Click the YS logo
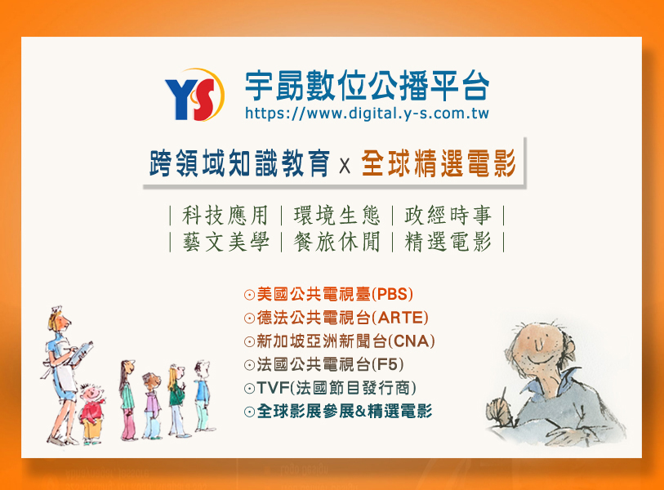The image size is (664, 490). pyautogui.click(x=195, y=96)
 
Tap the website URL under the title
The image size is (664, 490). pyautogui.click(x=368, y=114)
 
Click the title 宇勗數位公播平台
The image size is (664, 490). pyautogui.click(x=368, y=86)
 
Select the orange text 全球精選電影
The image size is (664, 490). pyautogui.click(x=439, y=163)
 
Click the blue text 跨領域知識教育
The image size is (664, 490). pyautogui.click(x=239, y=163)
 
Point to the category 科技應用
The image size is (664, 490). pyautogui.click(x=225, y=216)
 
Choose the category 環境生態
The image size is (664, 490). pyautogui.click(x=337, y=216)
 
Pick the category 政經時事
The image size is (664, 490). pyautogui.click(x=448, y=216)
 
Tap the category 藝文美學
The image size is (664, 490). pyautogui.click(x=225, y=243)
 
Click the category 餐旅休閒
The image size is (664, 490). pyautogui.click(x=337, y=243)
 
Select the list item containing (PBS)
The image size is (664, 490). pyautogui.click(x=328, y=294)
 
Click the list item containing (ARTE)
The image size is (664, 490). pyautogui.click(x=336, y=318)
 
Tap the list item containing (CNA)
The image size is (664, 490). pyautogui.click(x=340, y=341)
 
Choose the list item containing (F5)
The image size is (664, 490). pyautogui.click(x=324, y=364)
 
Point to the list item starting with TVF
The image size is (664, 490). pyautogui.click(x=330, y=388)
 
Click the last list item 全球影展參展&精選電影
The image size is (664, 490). pyautogui.click(x=338, y=412)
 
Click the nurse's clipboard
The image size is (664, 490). pyautogui.click(x=82, y=352)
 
